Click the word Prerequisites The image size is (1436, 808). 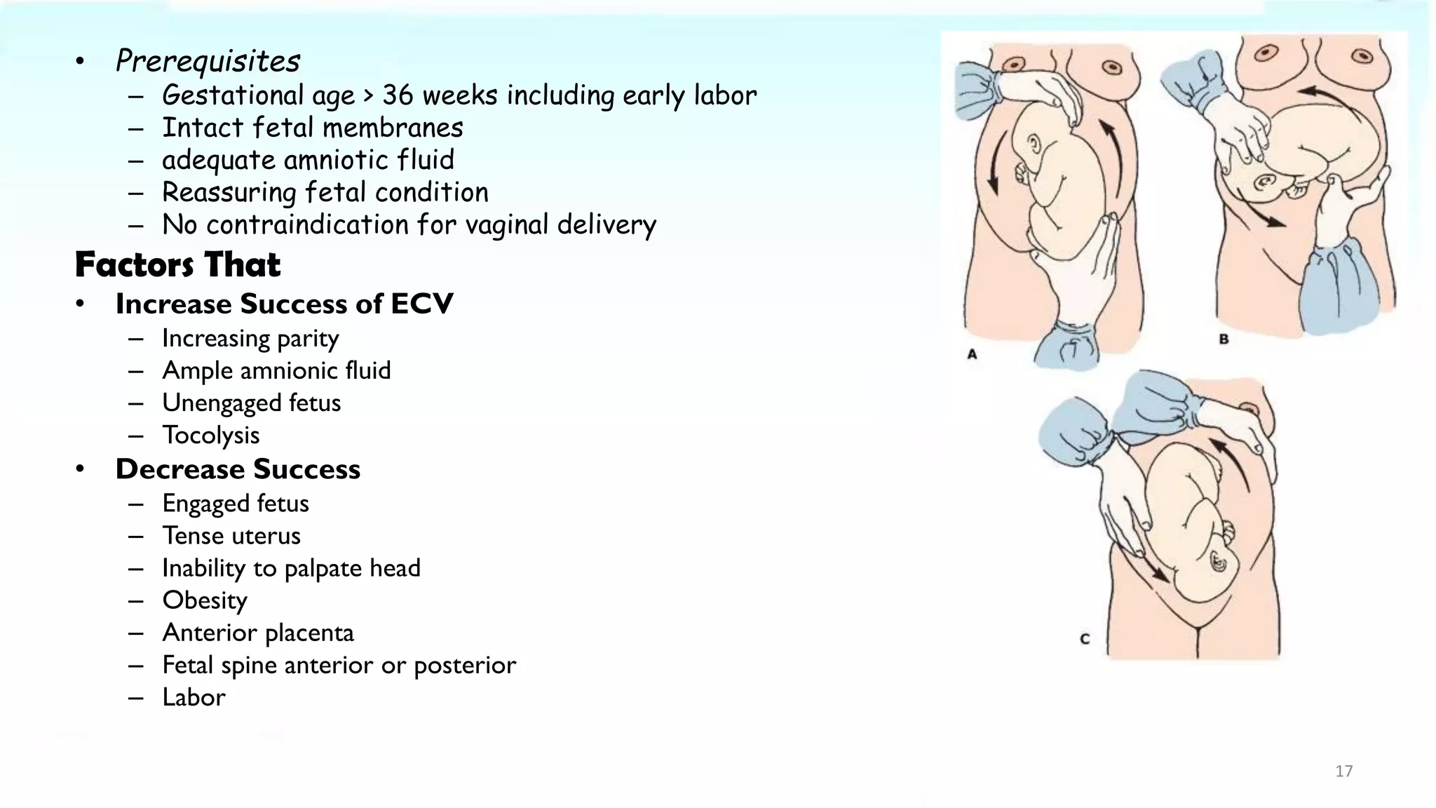coord(208,61)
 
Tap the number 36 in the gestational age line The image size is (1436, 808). coord(398,95)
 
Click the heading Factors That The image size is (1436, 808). coord(177,265)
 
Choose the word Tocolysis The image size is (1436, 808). coord(210,436)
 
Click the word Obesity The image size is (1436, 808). coord(205,600)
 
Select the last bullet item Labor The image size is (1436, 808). coord(194,697)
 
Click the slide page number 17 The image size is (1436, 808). coord(1343,772)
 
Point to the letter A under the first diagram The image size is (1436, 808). coord(972,354)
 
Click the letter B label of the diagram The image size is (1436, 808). coord(1224,339)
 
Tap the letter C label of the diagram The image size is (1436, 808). coord(1085,639)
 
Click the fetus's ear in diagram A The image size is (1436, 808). coord(1035,146)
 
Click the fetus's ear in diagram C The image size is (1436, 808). coord(1219,561)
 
